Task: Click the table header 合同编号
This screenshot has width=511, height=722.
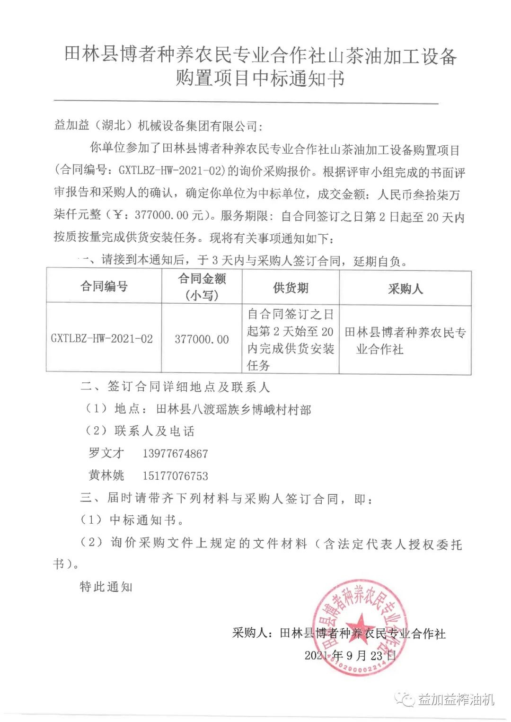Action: pos(104,286)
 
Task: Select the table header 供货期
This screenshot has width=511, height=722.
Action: pos(291,288)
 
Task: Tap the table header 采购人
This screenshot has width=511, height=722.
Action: pos(405,289)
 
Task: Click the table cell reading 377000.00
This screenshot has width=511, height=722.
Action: pos(202,339)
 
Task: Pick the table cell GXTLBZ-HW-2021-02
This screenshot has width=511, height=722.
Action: pos(102,339)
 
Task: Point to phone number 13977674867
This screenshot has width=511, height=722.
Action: pos(175,454)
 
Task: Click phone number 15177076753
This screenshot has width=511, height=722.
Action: pos(175,476)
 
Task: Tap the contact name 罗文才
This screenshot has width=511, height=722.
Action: pos(106,453)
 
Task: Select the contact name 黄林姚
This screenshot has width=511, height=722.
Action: pos(106,475)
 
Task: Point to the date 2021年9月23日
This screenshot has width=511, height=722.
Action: pos(350,655)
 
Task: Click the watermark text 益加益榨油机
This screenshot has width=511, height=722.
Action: pos(456,699)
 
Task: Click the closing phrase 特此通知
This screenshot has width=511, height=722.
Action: pos(106,587)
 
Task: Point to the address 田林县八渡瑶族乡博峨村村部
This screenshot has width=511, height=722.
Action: pos(233,409)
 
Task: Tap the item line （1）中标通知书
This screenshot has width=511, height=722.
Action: pos(132,520)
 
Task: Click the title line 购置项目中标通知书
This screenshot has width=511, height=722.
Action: pos(260,78)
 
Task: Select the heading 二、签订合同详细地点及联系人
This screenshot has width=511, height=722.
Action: pos(175,387)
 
